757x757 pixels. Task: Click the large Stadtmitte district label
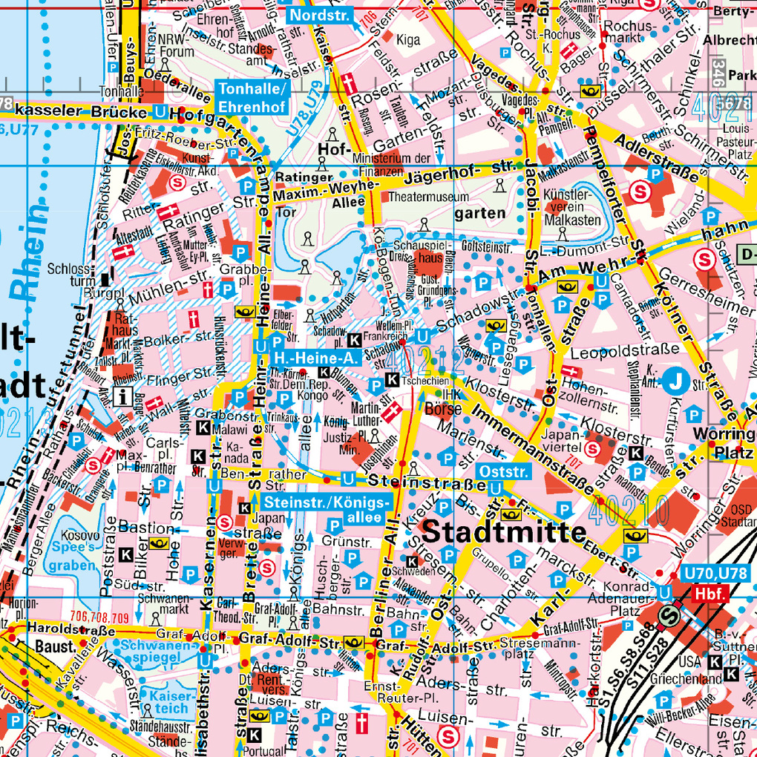(505, 532)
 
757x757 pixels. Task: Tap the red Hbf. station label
(711, 593)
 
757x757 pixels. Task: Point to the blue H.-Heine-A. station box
(315, 358)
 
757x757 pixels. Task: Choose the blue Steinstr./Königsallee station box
(325, 510)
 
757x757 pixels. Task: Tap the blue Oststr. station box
(503, 472)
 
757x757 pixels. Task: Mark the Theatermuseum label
(429, 197)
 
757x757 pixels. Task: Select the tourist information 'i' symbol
(125, 397)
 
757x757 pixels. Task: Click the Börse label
(444, 409)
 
